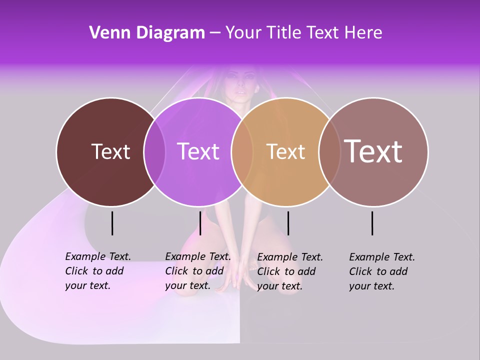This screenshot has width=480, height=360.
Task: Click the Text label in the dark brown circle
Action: coord(110,151)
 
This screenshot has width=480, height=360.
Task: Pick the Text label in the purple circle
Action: coord(198,151)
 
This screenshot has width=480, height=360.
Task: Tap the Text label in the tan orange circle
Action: coord(285,152)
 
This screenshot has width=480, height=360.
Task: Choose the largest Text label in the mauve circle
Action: coord(373,151)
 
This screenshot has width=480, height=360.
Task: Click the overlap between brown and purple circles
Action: coord(154,152)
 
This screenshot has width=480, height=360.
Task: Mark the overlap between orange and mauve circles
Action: coord(327,152)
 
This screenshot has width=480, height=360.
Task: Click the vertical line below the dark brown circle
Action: coord(112,223)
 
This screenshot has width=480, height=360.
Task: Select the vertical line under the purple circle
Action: coord(200,223)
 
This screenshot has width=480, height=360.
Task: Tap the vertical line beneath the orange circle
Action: coord(288,223)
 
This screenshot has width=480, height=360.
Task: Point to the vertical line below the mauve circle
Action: coord(372,223)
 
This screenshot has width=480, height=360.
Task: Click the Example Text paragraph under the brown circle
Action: coord(97,271)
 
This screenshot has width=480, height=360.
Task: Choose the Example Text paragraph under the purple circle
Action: coord(197,271)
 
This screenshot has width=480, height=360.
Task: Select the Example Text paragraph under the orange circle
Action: coord(289,271)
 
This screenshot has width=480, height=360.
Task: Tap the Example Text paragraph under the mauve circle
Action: coord(381,271)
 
